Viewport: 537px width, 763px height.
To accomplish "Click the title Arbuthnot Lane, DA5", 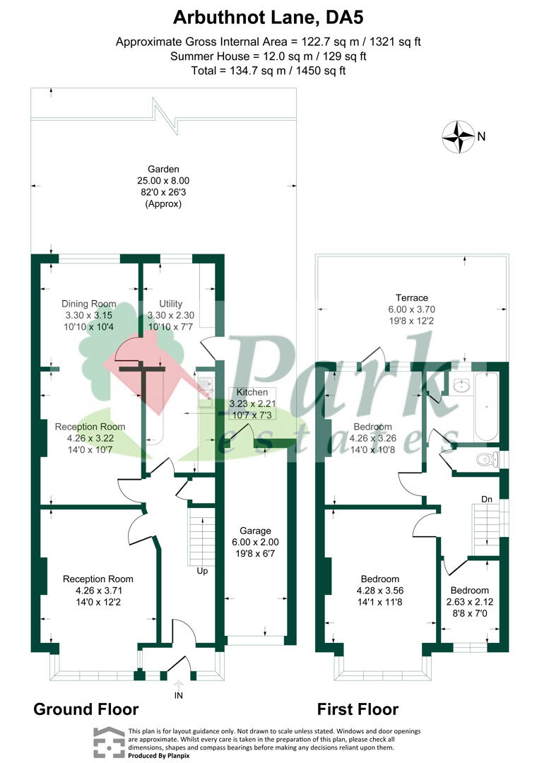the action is [x=268, y=18].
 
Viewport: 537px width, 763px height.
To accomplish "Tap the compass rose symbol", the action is [x=458, y=137].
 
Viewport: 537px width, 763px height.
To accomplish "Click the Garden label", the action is [x=164, y=170].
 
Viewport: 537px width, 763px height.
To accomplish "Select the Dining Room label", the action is [x=88, y=304].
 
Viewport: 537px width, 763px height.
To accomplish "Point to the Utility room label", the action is [x=170, y=304].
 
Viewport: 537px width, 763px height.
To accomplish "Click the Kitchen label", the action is [x=252, y=392].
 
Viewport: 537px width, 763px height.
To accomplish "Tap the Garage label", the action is [x=255, y=531].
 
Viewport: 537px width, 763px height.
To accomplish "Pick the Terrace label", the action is [x=412, y=298].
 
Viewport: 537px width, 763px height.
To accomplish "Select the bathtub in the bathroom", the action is [x=486, y=406].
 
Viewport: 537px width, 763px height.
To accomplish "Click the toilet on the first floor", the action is [x=488, y=459].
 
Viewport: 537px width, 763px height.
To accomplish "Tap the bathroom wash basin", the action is [x=460, y=386].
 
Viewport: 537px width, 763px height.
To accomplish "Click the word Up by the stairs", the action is [x=202, y=571].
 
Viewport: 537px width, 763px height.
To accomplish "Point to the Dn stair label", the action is [x=487, y=499].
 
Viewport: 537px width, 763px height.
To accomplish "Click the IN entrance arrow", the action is [x=179, y=685].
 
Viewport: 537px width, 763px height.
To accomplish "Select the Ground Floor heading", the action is [x=86, y=709].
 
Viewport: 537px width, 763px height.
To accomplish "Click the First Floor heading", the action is [x=358, y=709].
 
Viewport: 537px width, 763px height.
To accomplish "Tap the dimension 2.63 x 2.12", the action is [x=469, y=602].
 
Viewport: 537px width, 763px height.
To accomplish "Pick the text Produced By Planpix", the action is [x=159, y=756].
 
